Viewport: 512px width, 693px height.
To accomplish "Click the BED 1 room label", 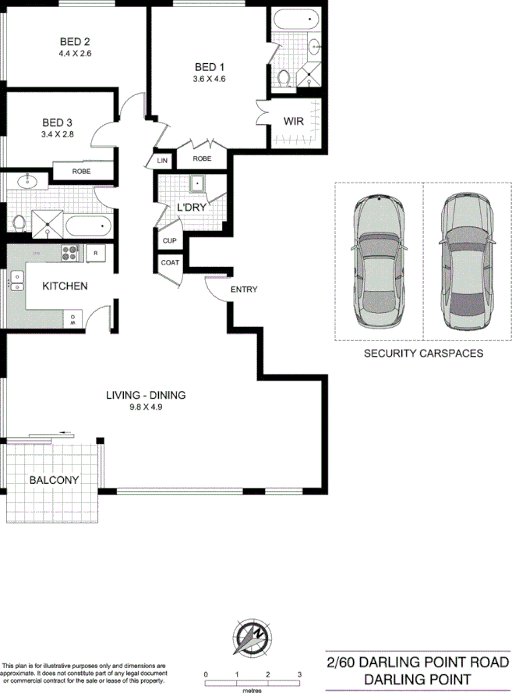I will [x=208, y=66].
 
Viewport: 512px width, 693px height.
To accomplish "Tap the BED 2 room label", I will [x=75, y=42].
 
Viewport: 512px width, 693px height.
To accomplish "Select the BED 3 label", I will [x=57, y=122].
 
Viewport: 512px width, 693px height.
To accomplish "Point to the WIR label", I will [x=294, y=121].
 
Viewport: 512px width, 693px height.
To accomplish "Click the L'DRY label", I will [x=191, y=208].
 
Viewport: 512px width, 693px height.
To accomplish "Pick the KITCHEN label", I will [x=65, y=286].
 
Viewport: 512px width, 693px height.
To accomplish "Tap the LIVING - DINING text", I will [x=146, y=394].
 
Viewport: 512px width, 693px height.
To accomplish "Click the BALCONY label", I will [x=54, y=480].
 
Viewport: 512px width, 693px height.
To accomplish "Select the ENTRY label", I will [x=244, y=290].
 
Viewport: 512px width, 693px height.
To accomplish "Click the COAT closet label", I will [x=170, y=262].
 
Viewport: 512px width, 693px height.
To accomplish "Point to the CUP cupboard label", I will [x=169, y=241].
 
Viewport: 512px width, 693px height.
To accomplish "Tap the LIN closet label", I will [x=162, y=160].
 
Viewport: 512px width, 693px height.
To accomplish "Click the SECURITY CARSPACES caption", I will [x=424, y=353].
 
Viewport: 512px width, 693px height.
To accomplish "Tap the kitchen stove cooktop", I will [x=71, y=252].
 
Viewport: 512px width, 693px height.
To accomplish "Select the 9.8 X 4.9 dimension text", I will [x=146, y=406].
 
